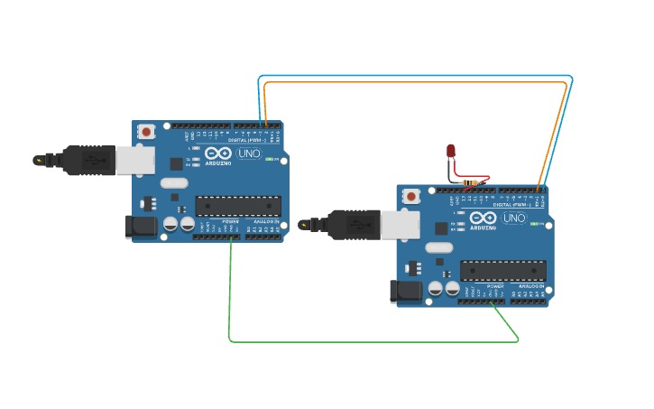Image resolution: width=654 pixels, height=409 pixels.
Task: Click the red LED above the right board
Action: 451,151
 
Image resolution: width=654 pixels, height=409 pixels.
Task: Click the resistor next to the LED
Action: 469,182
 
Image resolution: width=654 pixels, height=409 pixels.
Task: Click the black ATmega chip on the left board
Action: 238,206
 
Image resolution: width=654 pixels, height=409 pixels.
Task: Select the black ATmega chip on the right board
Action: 502,270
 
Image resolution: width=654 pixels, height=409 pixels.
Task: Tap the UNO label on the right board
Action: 513,218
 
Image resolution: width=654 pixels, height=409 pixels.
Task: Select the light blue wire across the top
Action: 415,76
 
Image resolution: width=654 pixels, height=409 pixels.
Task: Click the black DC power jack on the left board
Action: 140,227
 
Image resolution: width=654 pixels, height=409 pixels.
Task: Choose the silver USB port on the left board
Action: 135,160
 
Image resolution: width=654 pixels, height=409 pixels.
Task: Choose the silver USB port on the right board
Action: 400,224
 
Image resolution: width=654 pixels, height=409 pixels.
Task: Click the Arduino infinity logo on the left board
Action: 217,153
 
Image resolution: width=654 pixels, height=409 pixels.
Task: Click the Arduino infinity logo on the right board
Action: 482,218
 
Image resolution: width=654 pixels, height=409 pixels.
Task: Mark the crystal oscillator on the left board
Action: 174,183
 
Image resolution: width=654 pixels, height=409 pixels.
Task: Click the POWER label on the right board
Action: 495,286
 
